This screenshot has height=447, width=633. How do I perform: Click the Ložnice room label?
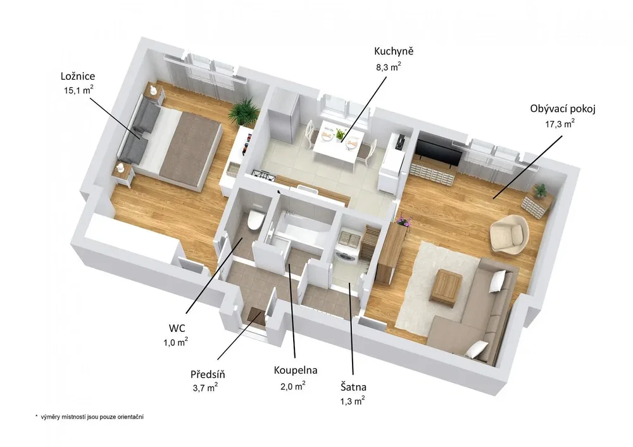coord(78,76)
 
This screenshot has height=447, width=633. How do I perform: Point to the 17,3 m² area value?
coord(560,124)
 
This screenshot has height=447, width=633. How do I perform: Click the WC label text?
coord(177,328)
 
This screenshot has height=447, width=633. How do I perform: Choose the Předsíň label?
coord(208,374)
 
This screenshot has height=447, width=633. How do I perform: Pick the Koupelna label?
coord(296,370)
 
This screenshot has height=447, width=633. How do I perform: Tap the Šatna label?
coord(353,388)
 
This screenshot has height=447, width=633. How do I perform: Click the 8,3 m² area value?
coord(389,66)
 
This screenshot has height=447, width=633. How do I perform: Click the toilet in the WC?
coord(255,220)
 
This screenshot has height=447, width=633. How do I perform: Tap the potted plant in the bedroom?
coord(244,110)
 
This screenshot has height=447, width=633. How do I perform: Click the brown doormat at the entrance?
coord(256,315)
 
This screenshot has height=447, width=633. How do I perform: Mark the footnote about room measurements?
coord(89,417)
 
